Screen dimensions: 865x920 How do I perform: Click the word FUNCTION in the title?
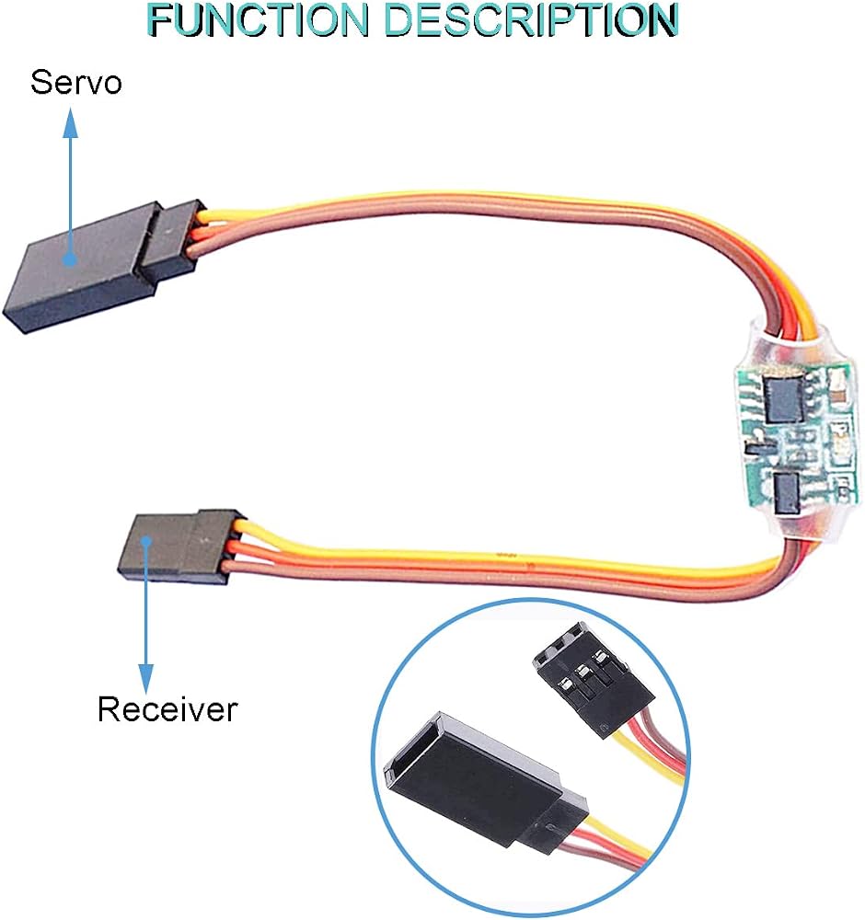coord(259,19)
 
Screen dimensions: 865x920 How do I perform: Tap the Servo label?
coord(76,82)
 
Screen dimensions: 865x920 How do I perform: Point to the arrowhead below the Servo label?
coord(71,122)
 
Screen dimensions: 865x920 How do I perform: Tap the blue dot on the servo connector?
coord(71,259)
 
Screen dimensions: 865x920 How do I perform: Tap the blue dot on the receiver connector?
coord(146,541)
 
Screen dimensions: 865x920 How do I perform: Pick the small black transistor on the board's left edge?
coord(752,447)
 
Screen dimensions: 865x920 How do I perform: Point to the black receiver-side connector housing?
coord(180,546)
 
